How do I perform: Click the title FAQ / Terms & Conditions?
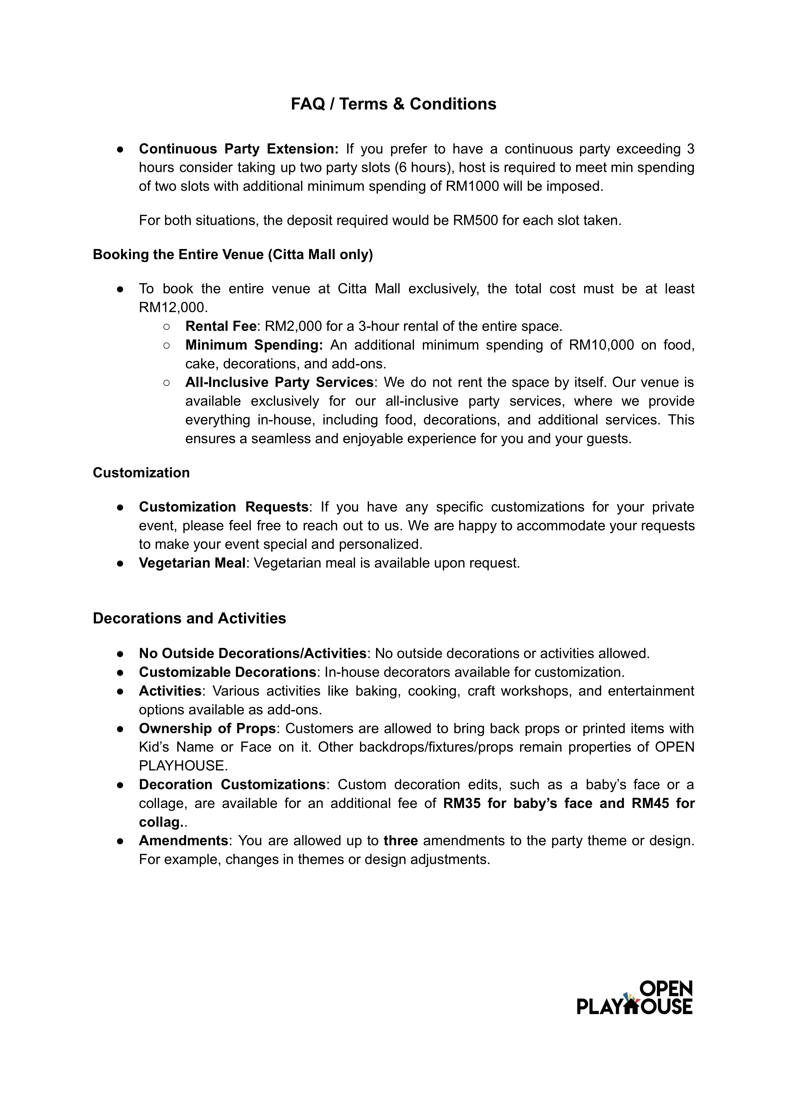click(x=394, y=104)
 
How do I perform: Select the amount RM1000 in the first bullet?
click(x=472, y=186)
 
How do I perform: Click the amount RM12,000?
click(x=173, y=307)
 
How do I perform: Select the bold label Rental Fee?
click(x=220, y=326)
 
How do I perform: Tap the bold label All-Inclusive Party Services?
click(x=279, y=382)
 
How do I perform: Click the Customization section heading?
click(x=141, y=473)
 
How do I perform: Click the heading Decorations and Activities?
click(x=189, y=618)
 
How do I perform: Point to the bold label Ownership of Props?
click(x=207, y=728)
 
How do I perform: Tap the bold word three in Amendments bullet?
click(x=400, y=840)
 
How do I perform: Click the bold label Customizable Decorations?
click(x=227, y=672)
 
